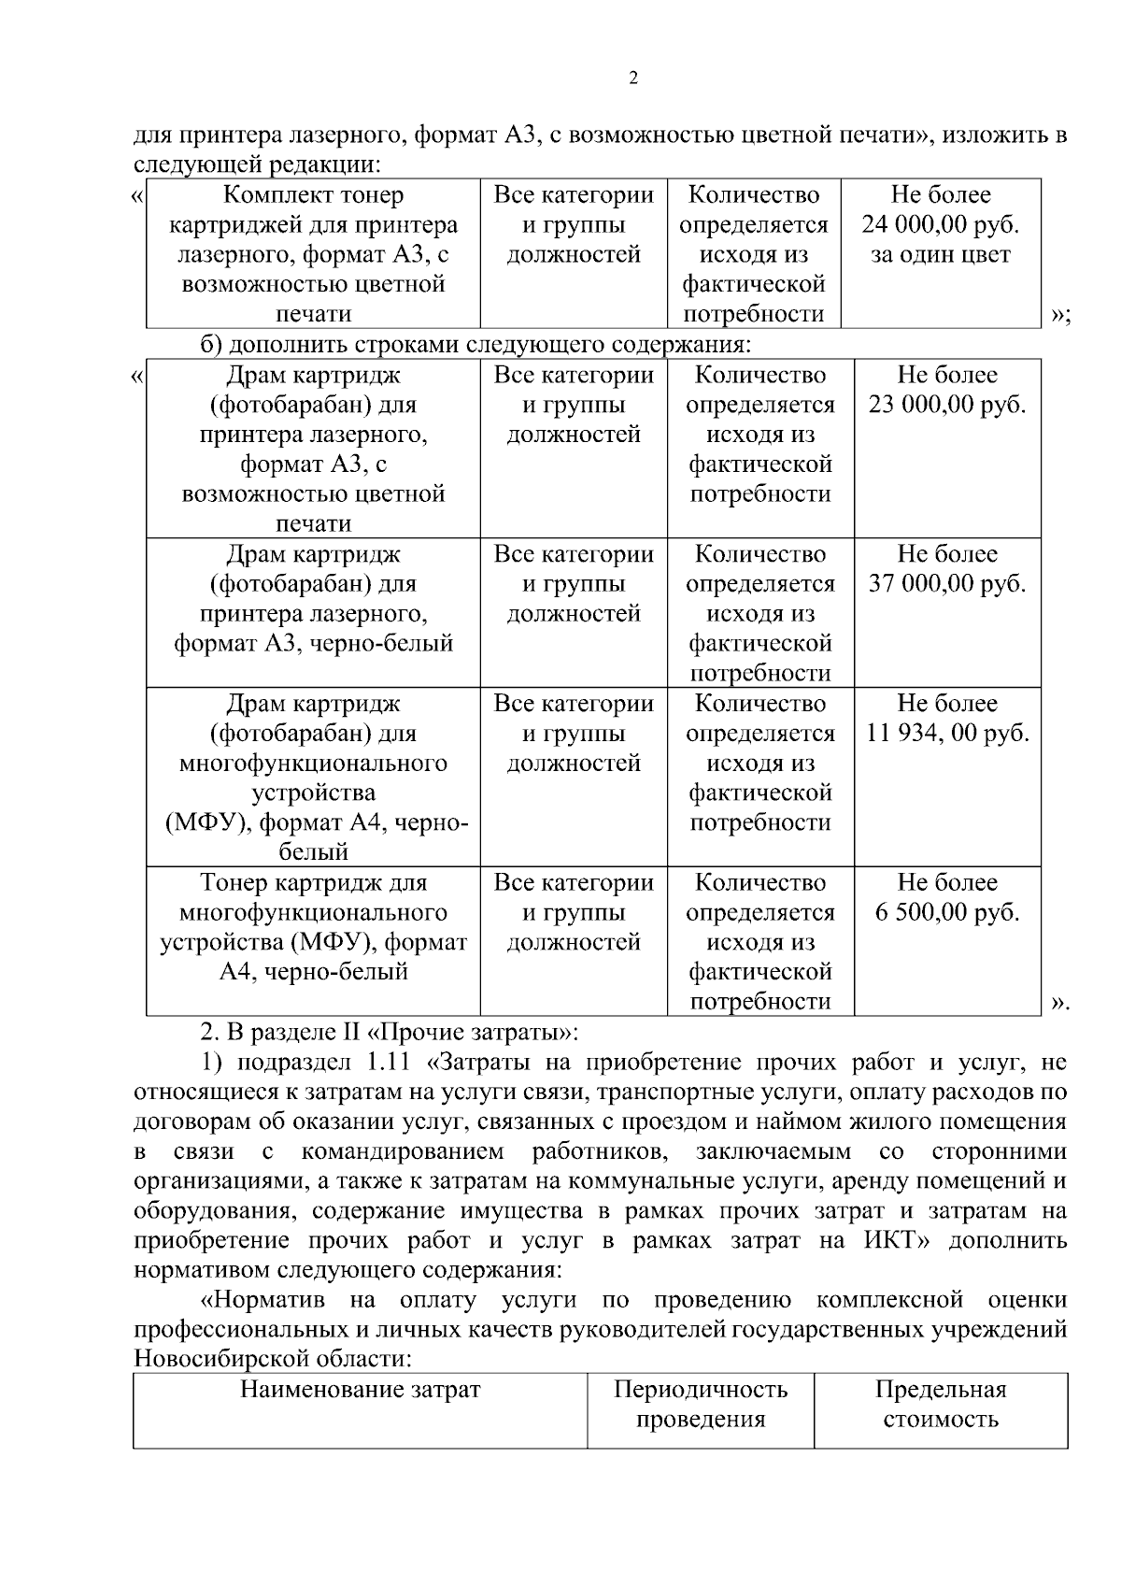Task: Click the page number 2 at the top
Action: [x=633, y=79]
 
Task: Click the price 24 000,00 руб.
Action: [x=940, y=225]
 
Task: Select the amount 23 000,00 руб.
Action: [x=946, y=406]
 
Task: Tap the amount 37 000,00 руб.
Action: [x=946, y=584]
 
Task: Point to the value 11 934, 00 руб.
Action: [x=946, y=734]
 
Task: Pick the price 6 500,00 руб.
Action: [x=946, y=912]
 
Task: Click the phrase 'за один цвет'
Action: [x=940, y=255]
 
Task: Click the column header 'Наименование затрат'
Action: [x=360, y=1390]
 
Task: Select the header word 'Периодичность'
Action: [x=700, y=1390]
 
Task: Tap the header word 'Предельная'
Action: [x=940, y=1390]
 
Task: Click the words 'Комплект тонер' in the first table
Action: [x=313, y=195]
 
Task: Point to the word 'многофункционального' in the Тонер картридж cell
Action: [x=313, y=912]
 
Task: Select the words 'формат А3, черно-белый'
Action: [x=313, y=644]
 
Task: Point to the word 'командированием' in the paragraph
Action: [x=403, y=1151]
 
